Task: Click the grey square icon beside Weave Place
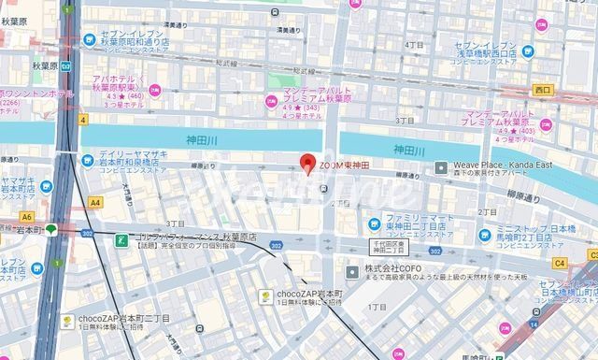(443, 167)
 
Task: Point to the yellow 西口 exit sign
(543, 90)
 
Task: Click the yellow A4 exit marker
(94, 201)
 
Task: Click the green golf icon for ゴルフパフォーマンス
(121, 239)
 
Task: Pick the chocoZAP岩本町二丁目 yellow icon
(67, 321)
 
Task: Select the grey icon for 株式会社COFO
(351, 272)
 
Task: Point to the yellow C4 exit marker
(560, 263)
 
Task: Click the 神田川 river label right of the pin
(408, 150)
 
